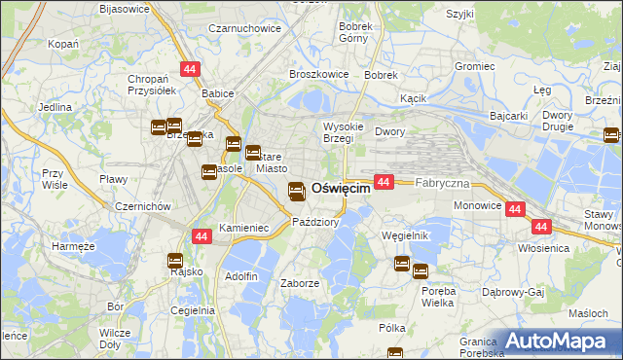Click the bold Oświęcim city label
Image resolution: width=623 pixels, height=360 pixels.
coord(341,189)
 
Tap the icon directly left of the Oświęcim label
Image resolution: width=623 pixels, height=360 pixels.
coord(297,192)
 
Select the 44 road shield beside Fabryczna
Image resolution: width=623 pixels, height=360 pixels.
coord(384,182)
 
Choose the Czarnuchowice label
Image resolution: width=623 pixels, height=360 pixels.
coord(245,28)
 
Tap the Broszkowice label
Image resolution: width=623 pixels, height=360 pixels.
coord(312,73)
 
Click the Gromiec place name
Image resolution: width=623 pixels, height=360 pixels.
coord(474,66)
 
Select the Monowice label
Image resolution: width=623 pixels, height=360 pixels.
coord(477,206)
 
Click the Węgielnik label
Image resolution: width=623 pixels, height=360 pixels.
coord(406,235)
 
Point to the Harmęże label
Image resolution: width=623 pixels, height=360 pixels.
coord(73,246)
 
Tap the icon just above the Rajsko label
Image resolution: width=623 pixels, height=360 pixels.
coord(175,260)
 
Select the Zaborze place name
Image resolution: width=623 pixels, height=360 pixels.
coord(300,283)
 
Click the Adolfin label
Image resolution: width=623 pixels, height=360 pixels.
coord(241,276)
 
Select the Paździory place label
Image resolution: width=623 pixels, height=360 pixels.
coord(315,222)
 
